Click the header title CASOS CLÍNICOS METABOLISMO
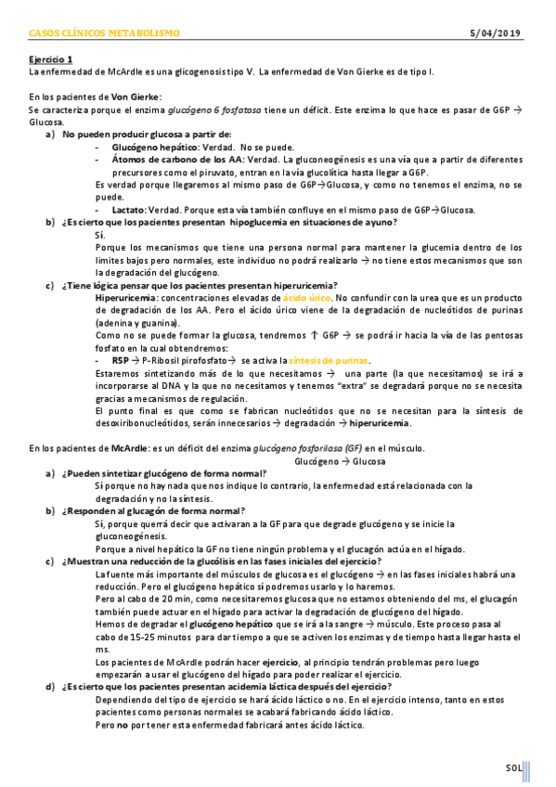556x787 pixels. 104,33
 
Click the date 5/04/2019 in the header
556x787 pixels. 497,33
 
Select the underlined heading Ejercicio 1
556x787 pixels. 49,58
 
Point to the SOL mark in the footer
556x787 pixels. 513,767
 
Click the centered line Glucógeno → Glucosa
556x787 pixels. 340,460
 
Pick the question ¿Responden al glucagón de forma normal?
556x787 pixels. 153,510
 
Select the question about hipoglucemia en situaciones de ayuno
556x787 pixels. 228,222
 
